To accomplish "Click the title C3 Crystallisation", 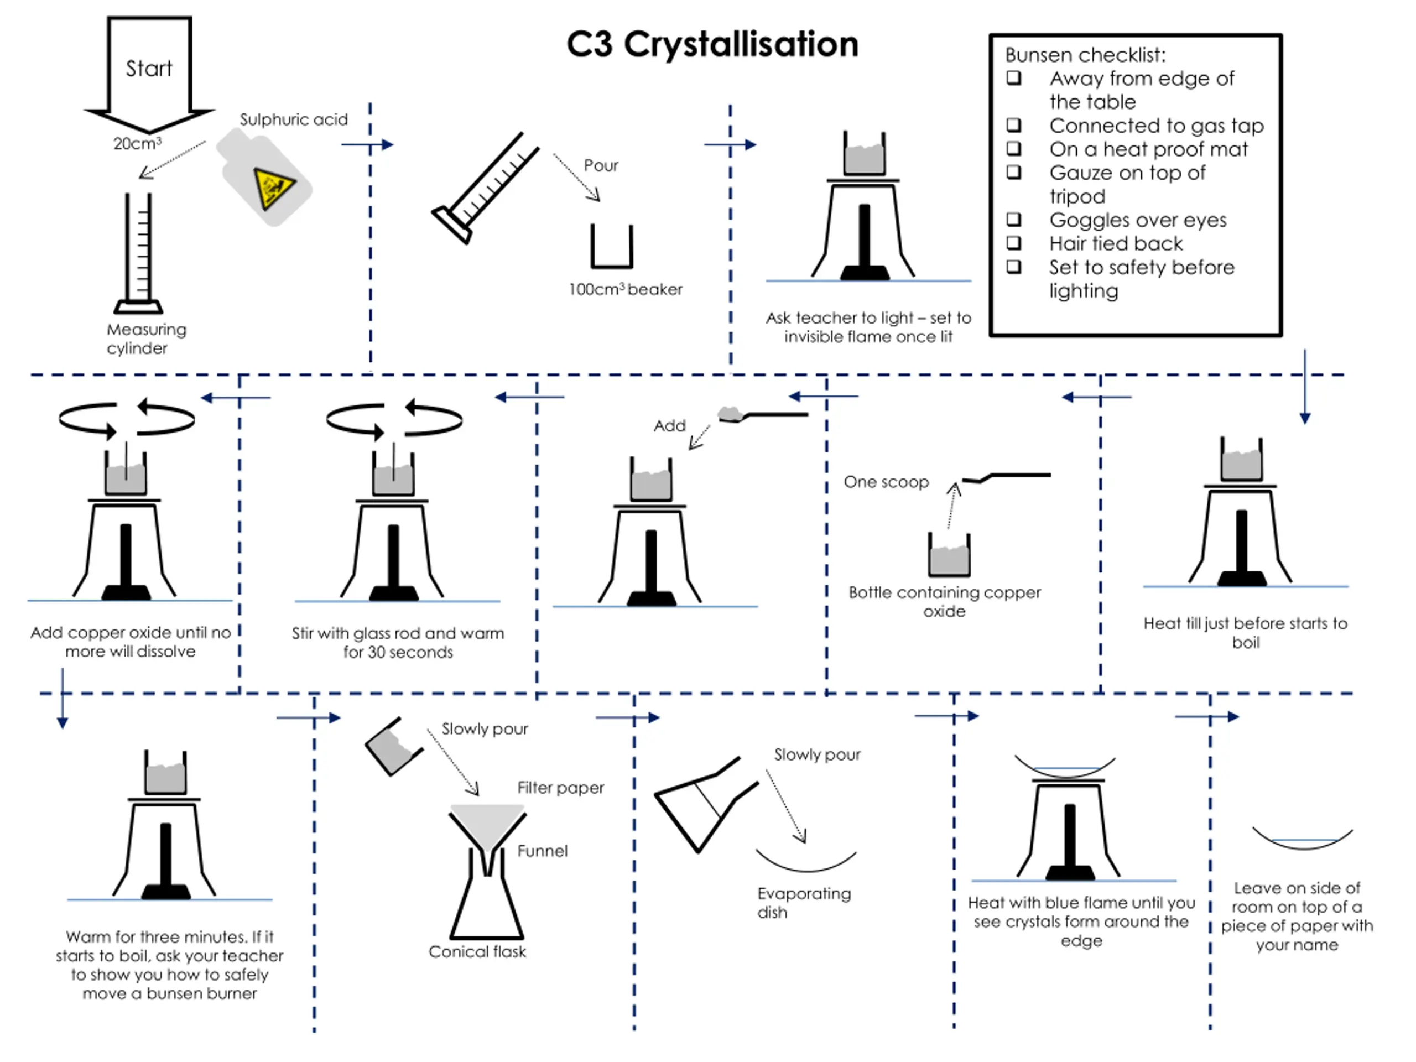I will click(x=712, y=44).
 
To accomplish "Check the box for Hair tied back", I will click(x=1014, y=243).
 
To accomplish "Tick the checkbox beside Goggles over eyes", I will click(x=1014, y=220).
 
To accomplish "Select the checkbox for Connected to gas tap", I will click(x=1014, y=126).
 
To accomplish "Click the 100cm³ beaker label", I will click(x=626, y=289).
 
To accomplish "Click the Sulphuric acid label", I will click(x=293, y=119).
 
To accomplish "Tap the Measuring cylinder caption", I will click(x=146, y=339).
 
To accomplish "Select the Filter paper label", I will click(x=560, y=788).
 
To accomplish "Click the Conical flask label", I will click(x=477, y=952).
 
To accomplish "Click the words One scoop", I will click(x=886, y=482).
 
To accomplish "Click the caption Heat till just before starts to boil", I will click(x=1245, y=632).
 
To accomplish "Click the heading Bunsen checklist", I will click(x=1085, y=56).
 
